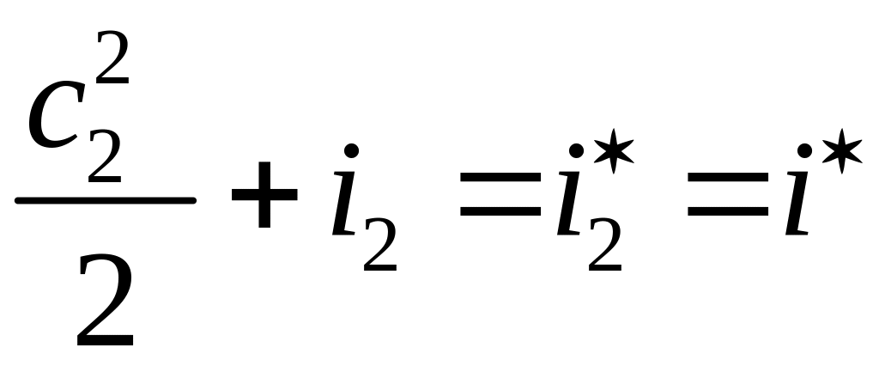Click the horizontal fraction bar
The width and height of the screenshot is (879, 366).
[105, 200]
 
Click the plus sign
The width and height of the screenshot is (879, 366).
[264, 200]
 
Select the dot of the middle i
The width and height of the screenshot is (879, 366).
[577, 152]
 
